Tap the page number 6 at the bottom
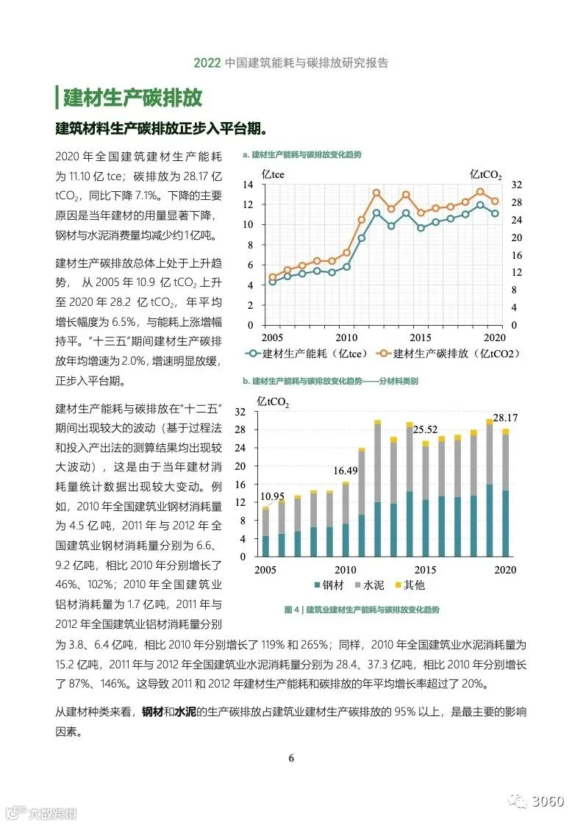(291, 759)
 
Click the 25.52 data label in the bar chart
(424, 429)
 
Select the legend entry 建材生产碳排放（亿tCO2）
(449, 353)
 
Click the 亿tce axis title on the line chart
(273, 174)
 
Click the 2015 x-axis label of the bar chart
(425, 569)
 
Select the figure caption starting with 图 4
(361, 610)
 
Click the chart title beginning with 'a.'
(302, 155)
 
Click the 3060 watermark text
(548, 801)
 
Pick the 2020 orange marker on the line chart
(495, 201)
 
